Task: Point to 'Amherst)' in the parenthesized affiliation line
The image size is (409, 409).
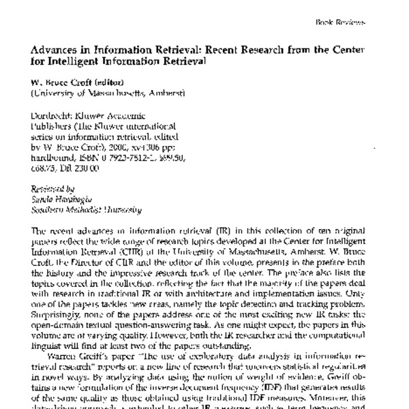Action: [x=166, y=92]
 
